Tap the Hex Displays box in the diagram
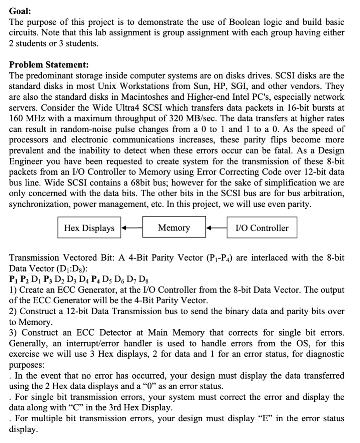pos(89,228)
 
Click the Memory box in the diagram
pos(174,228)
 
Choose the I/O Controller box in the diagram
pos(262,228)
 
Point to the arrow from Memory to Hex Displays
pos(132,228)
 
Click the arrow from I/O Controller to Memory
pos(216,228)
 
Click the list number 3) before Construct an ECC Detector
pos(12,332)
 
